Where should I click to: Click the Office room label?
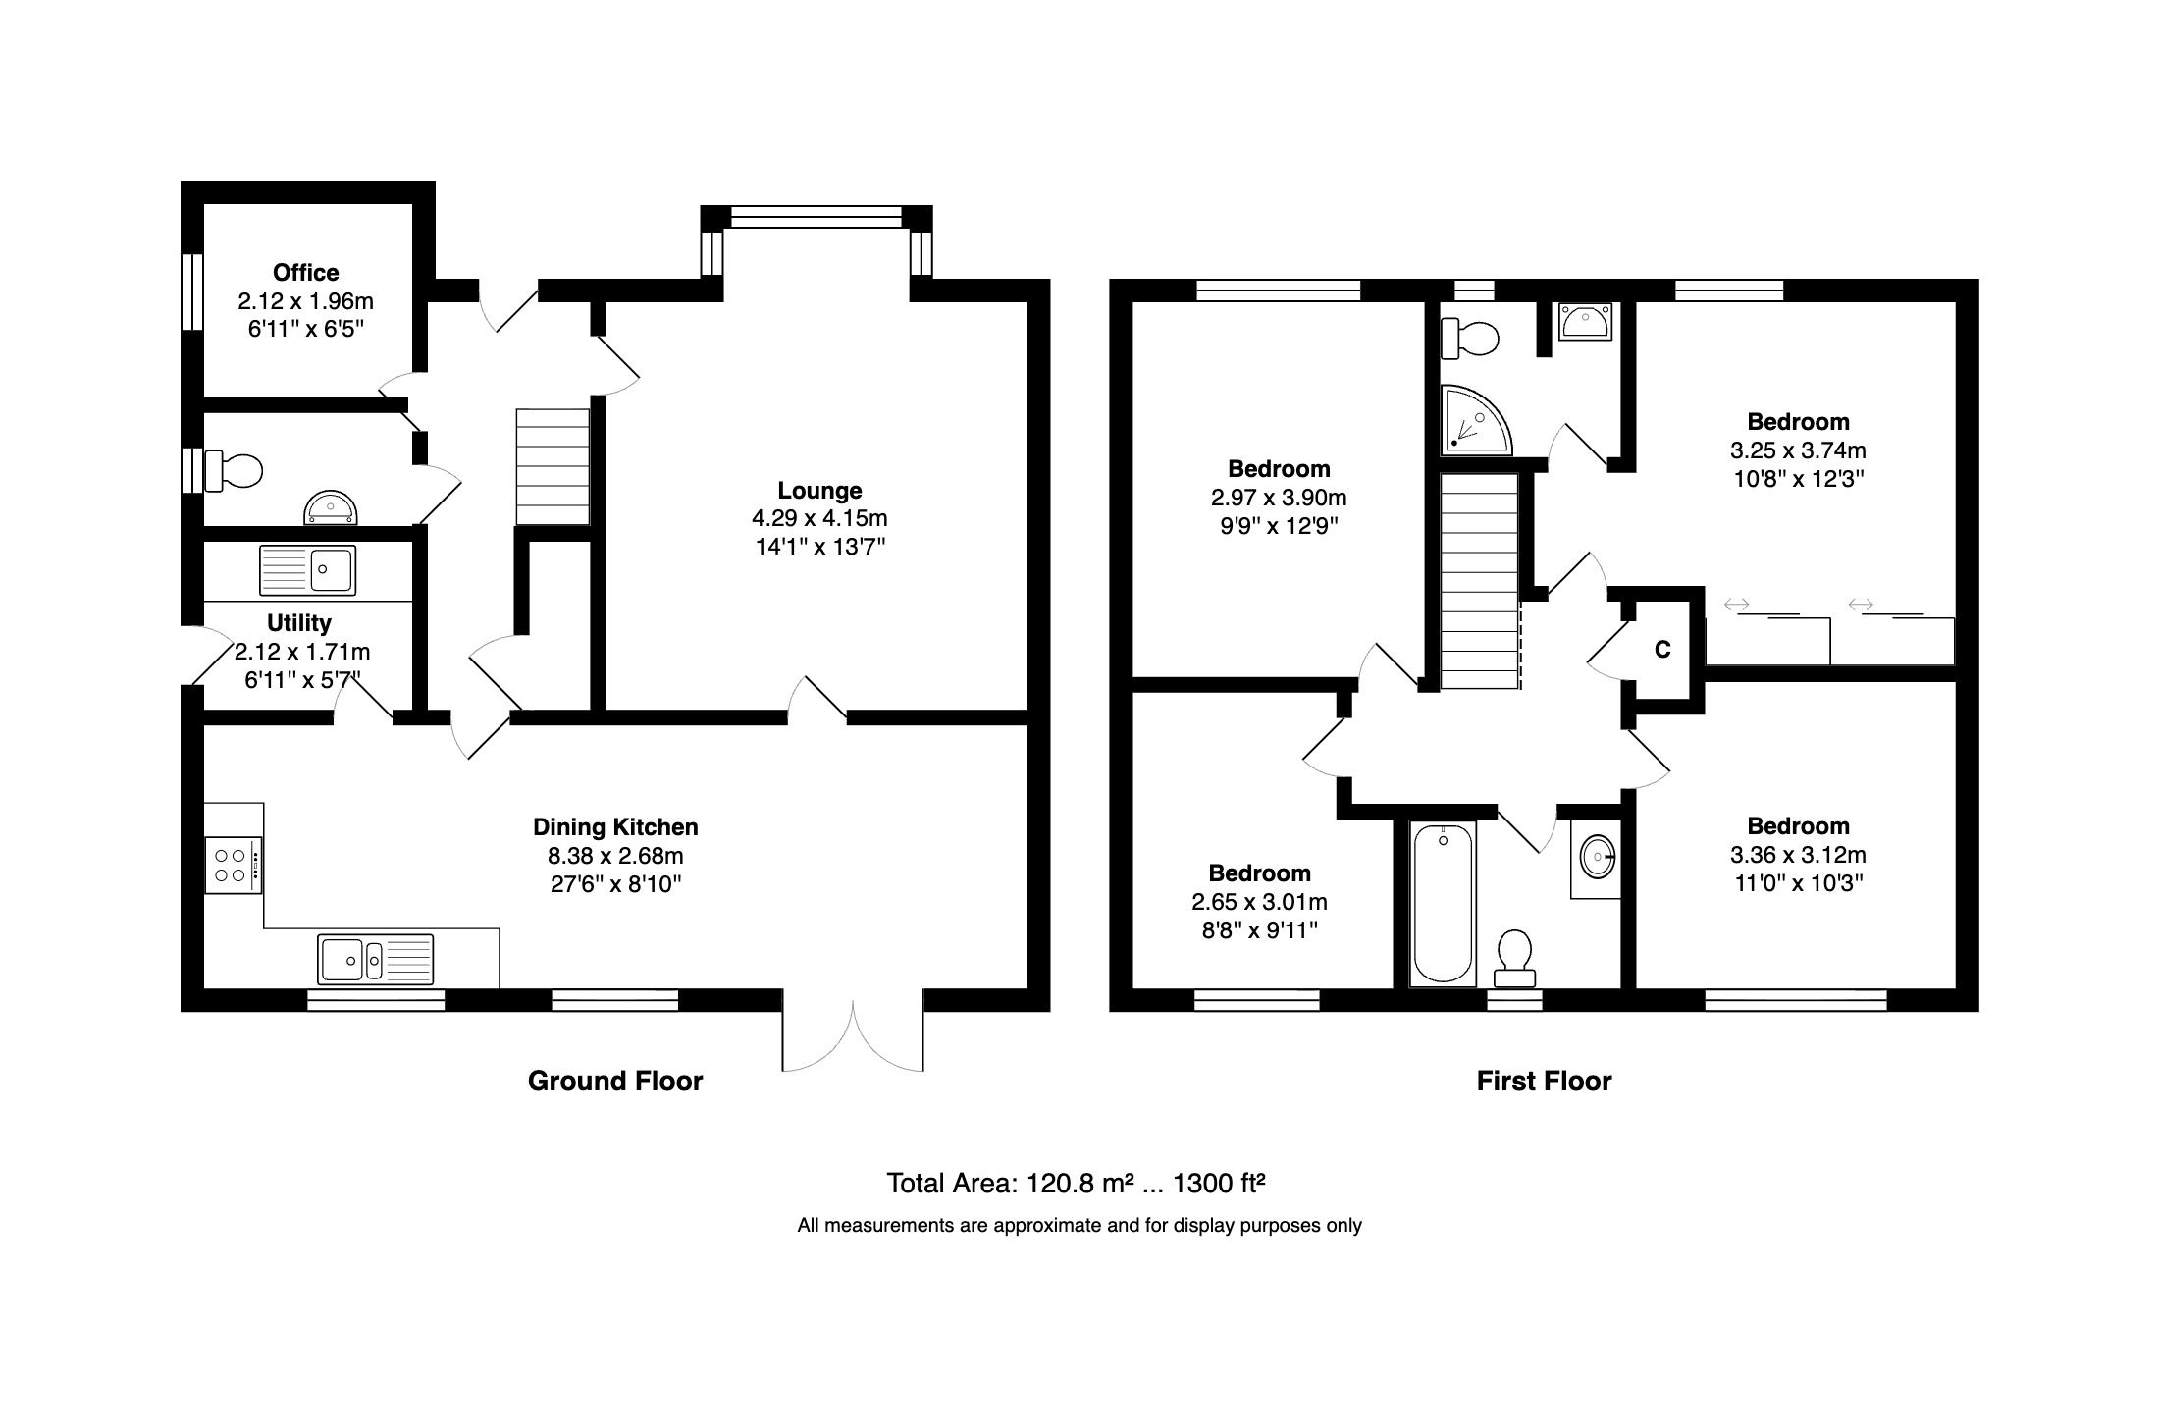[x=305, y=273]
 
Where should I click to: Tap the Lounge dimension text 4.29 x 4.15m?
[x=818, y=517]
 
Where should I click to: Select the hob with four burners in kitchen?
[x=233, y=865]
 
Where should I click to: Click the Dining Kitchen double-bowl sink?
[x=375, y=959]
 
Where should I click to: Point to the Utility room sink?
[x=307, y=570]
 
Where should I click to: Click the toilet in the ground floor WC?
[x=236, y=471]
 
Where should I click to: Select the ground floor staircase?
[x=553, y=467]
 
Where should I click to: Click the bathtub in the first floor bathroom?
[x=1443, y=903]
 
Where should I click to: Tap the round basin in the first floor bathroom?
[x=1598, y=857]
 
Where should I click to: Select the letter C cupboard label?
[x=1662, y=650]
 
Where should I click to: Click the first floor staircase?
[x=1479, y=580]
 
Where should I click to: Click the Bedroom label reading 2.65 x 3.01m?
[x=1259, y=901]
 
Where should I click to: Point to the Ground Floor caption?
[x=615, y=1081]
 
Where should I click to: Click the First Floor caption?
[x=1544, y=1081]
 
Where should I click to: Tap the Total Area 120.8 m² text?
[x=1075, y=1184]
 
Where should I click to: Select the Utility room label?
[x=299, y=623]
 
